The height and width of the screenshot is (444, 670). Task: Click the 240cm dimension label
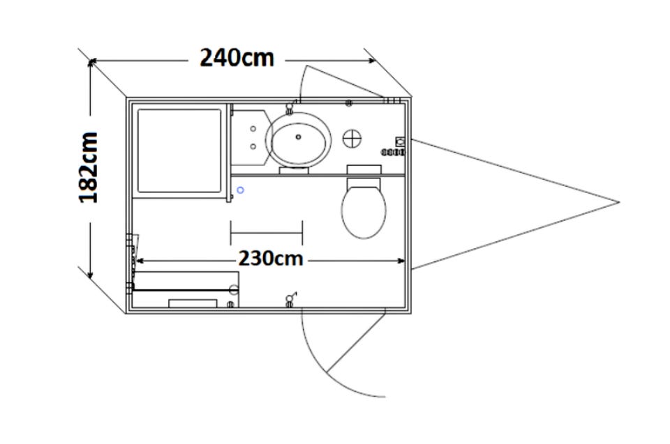(x=237, y=58)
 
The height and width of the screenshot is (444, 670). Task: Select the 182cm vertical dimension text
(x=89, y=167)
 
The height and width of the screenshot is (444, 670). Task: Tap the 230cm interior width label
(x=271, y=259)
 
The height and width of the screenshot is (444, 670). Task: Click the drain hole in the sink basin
(x=298, y=137)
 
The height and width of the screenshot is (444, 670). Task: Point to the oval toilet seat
(x=364, y=211)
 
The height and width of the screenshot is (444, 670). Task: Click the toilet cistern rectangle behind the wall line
(x=364, y=169)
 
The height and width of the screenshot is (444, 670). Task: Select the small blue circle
(x=241, y=190)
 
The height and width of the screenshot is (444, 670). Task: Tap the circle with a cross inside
(x=352, y=139)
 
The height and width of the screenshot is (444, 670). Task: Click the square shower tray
(x=179, y=151)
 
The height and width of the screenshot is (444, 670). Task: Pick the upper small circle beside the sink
(x=253, y=128)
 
